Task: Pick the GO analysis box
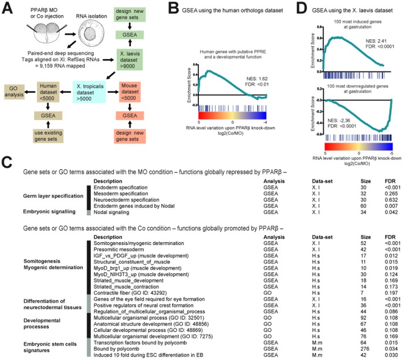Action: click(15, 89)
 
